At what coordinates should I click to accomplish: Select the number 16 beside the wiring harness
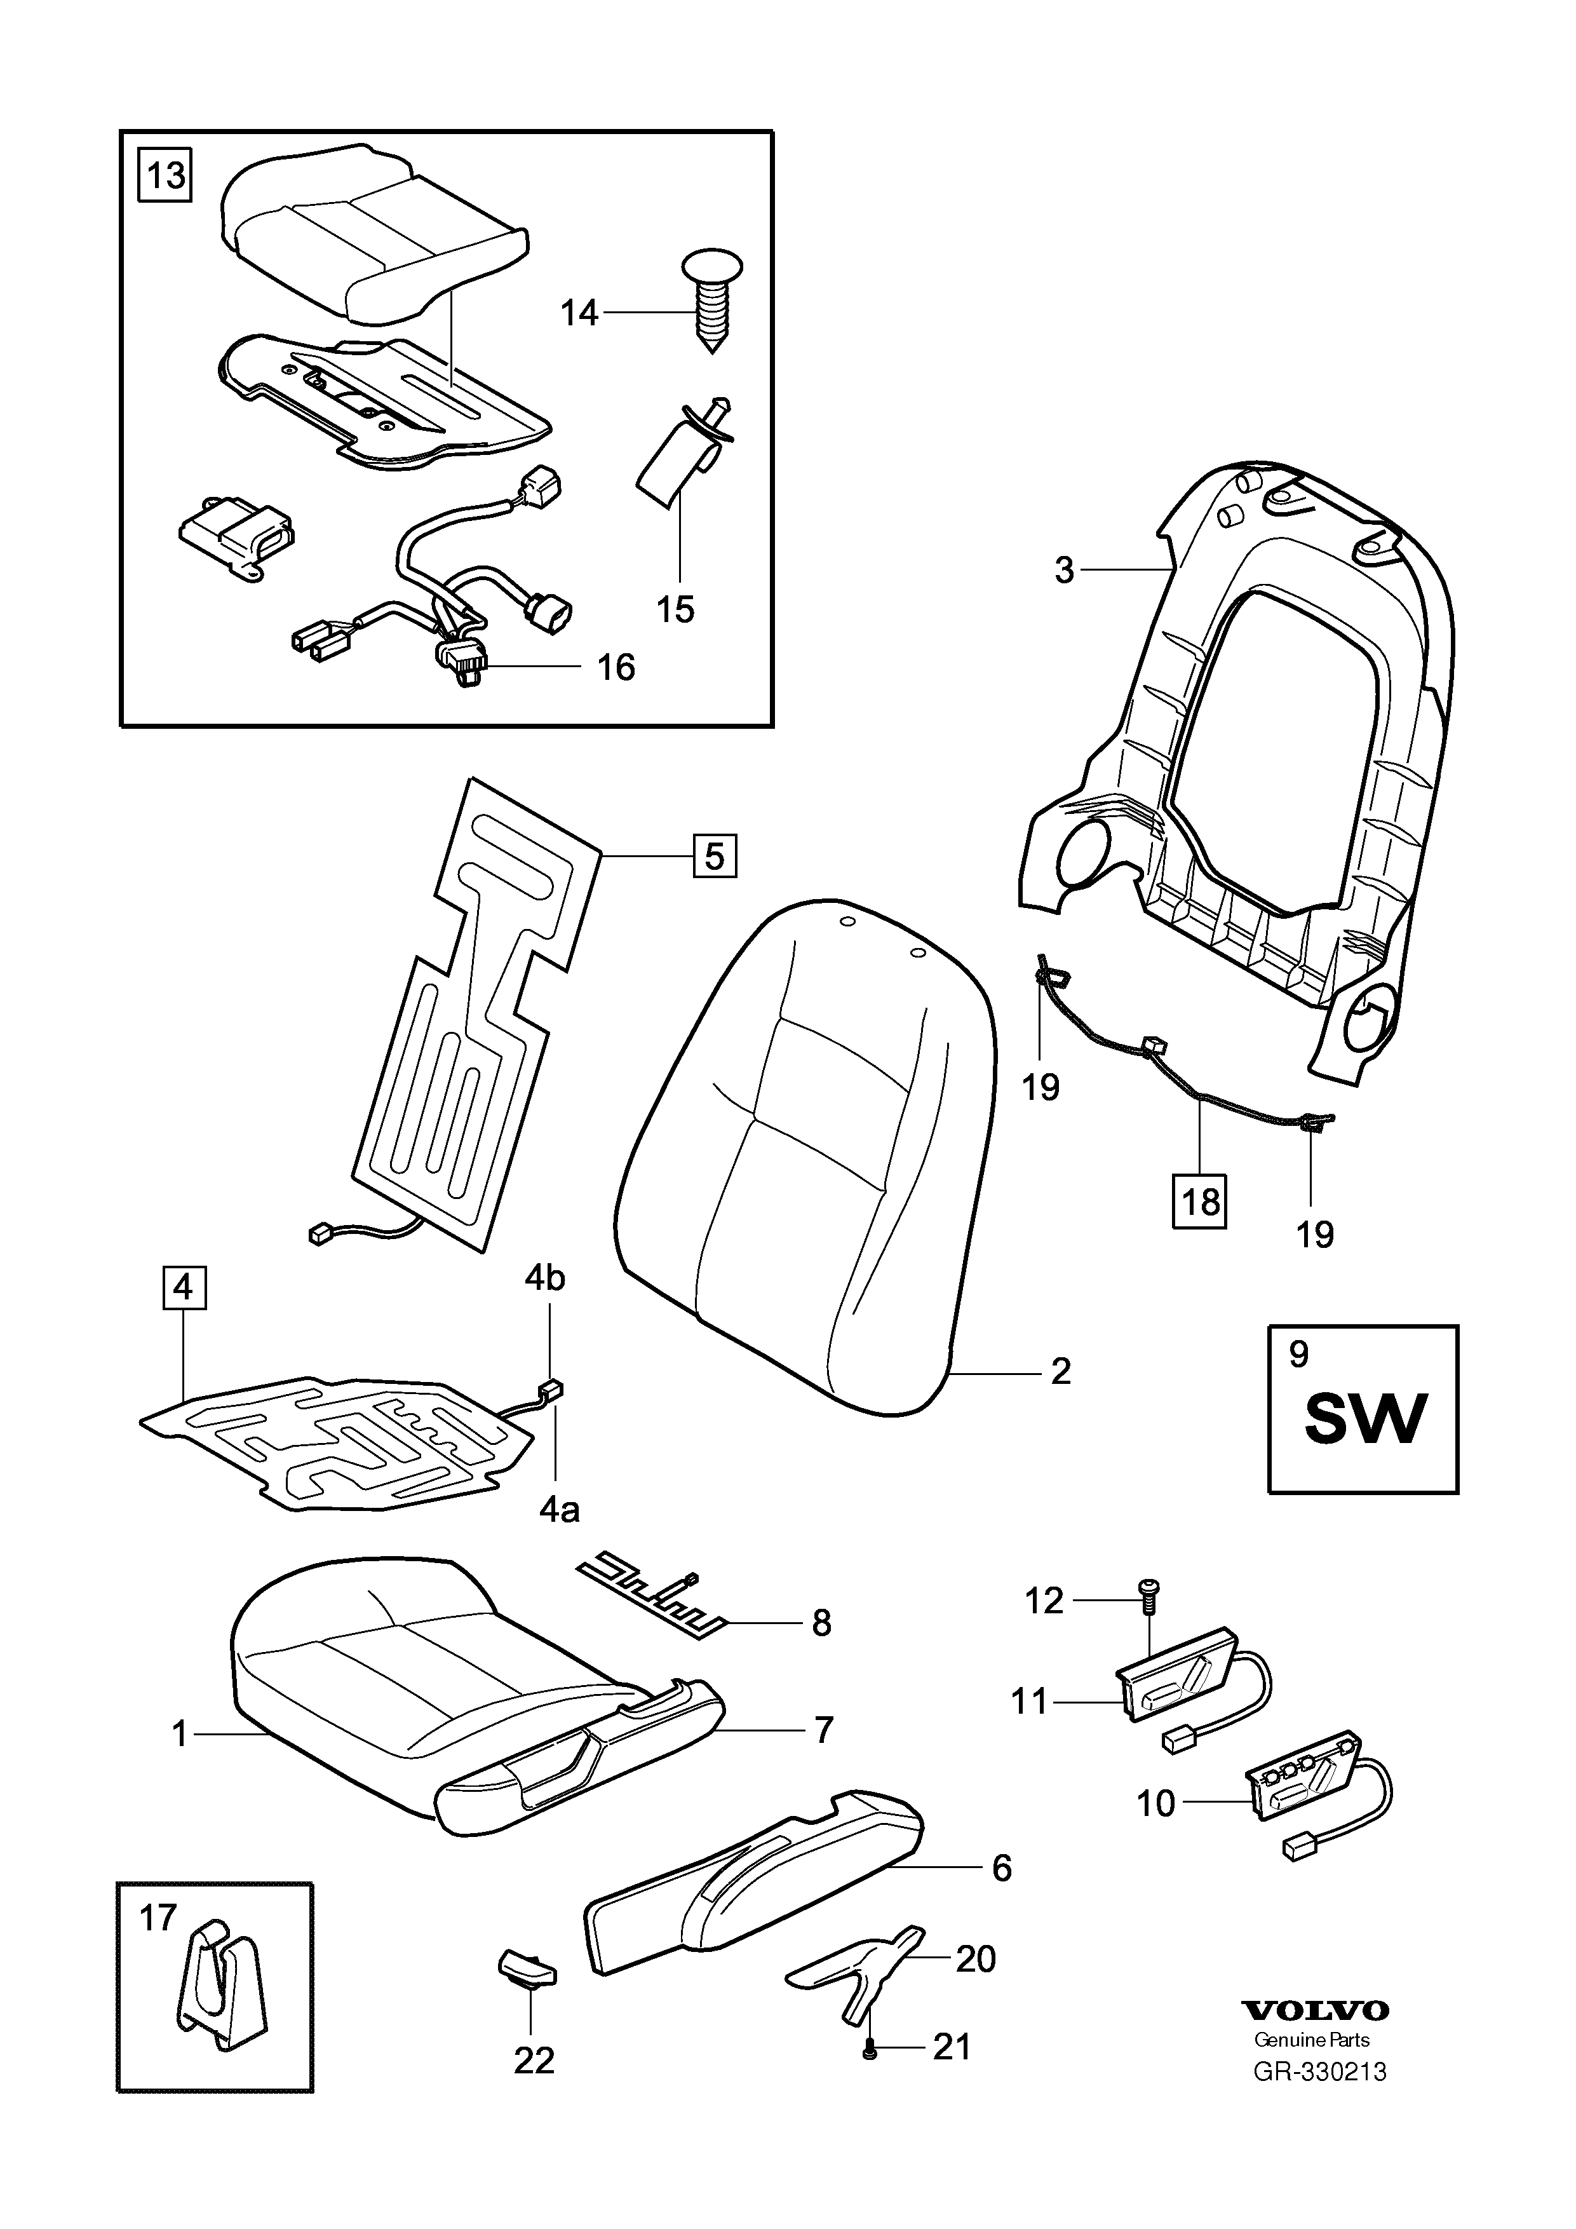tap(616, 667)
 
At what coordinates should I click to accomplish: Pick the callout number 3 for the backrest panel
tap(1065, 570)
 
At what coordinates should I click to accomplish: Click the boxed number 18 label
tap(1201, 1202)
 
